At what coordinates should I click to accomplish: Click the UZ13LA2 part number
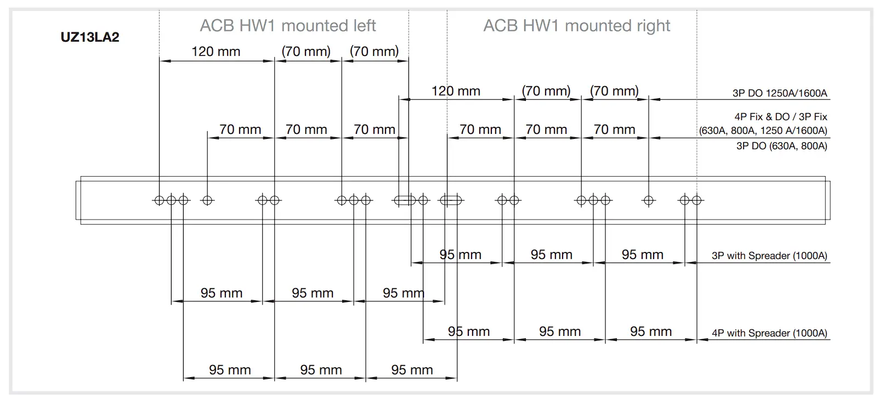90,37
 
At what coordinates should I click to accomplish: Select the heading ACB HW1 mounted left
287,26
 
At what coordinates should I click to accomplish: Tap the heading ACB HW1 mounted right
576,26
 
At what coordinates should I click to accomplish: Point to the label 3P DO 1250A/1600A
779,93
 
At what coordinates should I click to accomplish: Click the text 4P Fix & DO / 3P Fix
780,117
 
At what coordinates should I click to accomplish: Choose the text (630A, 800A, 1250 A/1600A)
763,131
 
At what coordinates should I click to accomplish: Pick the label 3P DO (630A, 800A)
781,146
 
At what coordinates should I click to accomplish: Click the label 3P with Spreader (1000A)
769,256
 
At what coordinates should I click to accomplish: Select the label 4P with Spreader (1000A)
769,333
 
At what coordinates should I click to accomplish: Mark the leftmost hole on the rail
159,200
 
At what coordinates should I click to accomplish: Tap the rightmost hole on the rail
697,200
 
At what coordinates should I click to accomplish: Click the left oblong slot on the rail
404,200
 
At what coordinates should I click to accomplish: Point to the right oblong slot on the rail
451,200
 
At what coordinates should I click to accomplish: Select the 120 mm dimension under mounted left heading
216,52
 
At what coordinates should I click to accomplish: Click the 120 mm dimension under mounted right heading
456,91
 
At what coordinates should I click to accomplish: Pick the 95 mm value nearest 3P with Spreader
642,255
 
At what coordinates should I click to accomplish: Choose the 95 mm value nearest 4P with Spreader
651,332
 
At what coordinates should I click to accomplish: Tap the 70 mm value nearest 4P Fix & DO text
614,130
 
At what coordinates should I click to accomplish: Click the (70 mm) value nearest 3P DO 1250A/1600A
614,91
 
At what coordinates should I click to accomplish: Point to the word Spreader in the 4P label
769,333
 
